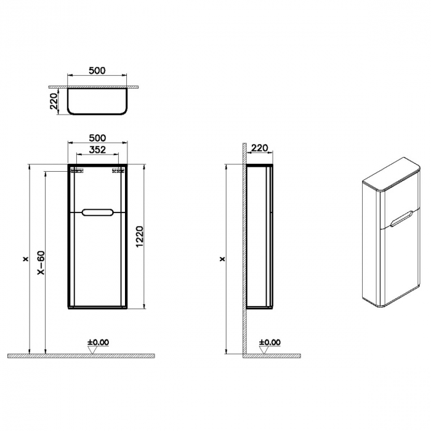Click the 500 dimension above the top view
(97, 70)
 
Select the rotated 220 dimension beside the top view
(54, 101)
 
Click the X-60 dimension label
(41, 264)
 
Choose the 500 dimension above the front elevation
(97, 138)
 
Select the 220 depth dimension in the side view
(260, 148)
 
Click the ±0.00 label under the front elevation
(98, 342)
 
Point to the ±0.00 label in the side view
(270, 342)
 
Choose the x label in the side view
(222, 259)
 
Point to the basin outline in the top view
(97, 102)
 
